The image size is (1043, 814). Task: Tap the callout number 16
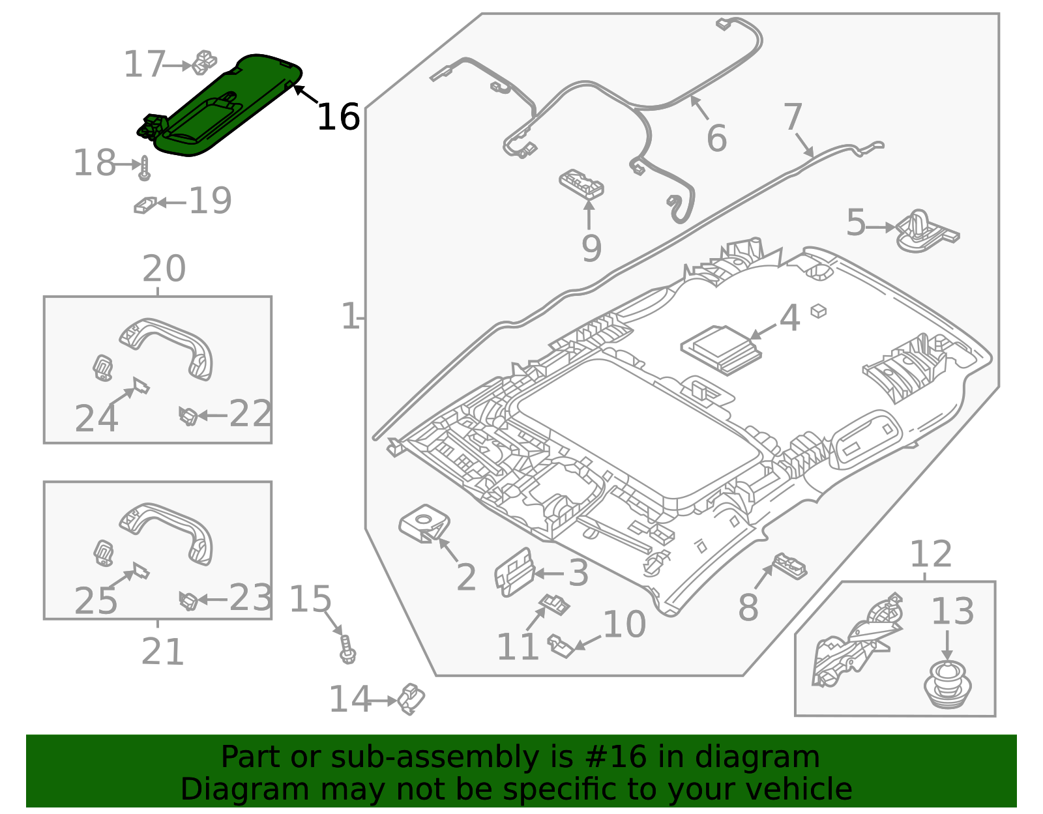pos(338,117)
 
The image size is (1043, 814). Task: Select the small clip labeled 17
pos(205,61)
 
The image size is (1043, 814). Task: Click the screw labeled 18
pos(145,168)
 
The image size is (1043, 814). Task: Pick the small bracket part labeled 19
pos(145,205)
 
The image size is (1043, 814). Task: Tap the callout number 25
pos(96,600)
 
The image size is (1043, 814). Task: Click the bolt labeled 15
pos(347,650)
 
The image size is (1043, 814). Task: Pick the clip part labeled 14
pos(411,699)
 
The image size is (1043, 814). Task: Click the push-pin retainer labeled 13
pos(947,684)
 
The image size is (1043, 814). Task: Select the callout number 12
pos(930,555)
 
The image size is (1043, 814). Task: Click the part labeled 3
pos(514,572)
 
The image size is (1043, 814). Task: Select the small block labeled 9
pos(581,184)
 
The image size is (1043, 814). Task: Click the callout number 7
pos(792,117)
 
